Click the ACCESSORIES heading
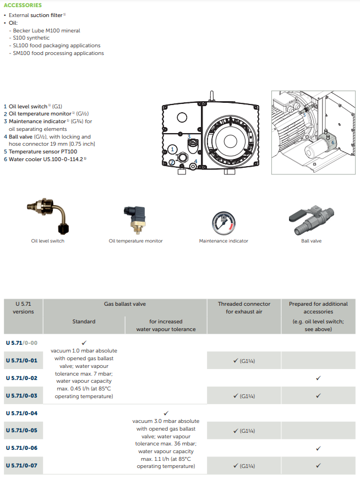click(23, 5)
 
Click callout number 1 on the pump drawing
click(172, 149)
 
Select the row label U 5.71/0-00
click(21, 343)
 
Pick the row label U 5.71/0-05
click(21, 431)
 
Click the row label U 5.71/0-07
click(21, 466)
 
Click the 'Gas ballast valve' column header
click(125, 304)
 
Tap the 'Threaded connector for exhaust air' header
click(244, 307)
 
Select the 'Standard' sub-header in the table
click(84, 321)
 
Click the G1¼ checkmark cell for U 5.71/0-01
click(243, 361)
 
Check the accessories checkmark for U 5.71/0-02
click(318, 378)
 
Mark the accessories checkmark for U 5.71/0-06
click(318, 448)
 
